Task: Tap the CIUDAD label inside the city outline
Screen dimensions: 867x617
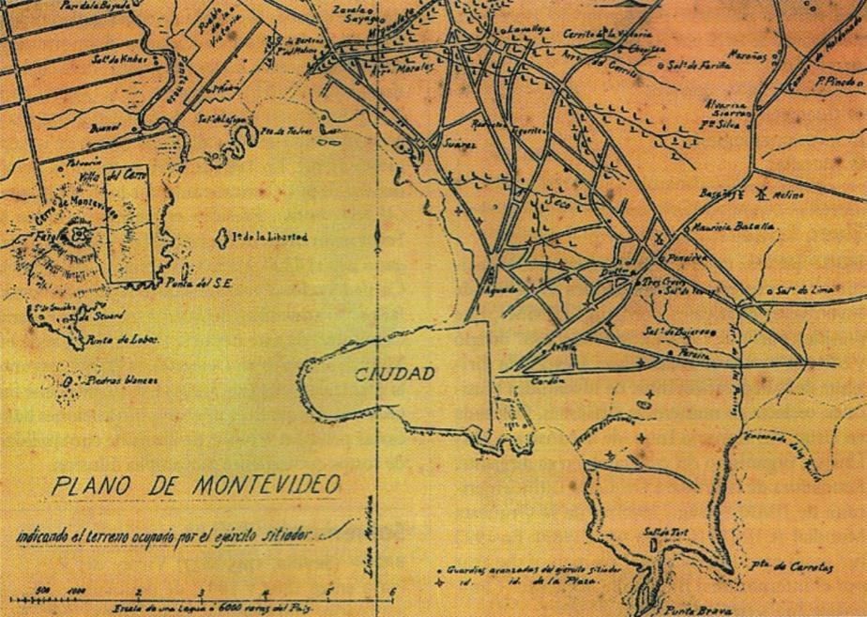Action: click(394, 374)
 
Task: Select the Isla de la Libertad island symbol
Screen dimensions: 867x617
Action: click(223, 238)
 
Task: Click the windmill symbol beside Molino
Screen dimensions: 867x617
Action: click(761, 194)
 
